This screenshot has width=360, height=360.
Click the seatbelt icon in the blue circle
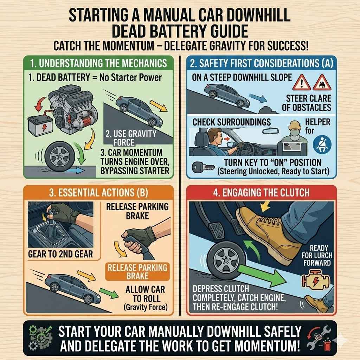coord(320,145)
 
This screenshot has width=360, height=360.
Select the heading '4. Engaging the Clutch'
coord(261,192)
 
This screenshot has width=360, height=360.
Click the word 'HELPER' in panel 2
coord(317,122)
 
